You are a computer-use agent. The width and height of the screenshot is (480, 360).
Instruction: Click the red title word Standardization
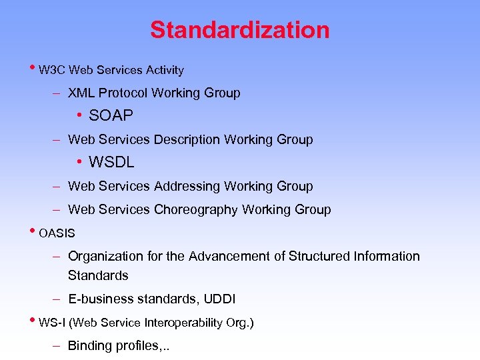[x=239, y=30]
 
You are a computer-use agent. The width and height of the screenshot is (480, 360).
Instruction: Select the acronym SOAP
[x=111, y=116]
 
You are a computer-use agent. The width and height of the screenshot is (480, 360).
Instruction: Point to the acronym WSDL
[x=111, y=163]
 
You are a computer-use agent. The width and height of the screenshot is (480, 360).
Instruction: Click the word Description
[x=187, y=140]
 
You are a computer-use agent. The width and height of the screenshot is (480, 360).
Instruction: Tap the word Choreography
[x=196, y=210]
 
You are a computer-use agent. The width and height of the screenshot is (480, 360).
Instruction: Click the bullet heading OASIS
[x=57, y=234]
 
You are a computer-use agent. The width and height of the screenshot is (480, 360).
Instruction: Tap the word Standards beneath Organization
[x=98, y=275]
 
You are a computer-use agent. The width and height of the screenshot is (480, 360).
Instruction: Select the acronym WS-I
[x=53, y=323]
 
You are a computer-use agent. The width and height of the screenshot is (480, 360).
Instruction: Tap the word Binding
[x=89, y=347]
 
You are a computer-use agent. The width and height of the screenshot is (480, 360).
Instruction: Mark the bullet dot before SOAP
[x=79, y=116]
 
